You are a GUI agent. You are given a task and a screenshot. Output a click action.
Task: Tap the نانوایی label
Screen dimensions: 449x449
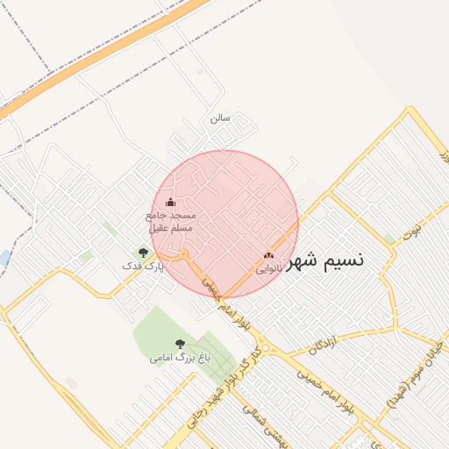click(x=268, y=269)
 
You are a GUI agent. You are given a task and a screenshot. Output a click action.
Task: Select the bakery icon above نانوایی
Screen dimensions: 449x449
click(x=268, y=256)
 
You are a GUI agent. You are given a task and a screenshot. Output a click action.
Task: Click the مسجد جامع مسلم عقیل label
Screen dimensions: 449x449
click(x=172, y=221)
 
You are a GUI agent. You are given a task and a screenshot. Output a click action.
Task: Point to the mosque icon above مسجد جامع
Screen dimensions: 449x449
click(x=171, y=203)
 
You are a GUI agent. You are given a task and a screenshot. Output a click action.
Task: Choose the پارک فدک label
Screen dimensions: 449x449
click(x=143, y=264)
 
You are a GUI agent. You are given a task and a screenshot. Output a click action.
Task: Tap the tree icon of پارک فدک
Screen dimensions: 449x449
click(x=143, y=253)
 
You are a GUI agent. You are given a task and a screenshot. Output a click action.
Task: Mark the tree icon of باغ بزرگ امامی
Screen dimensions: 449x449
click(x=180, y=345)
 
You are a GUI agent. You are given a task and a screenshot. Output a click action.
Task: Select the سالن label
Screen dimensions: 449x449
click(x=219, y=117)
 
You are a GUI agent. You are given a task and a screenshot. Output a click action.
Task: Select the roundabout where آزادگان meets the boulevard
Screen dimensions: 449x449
click(x=276, y=356)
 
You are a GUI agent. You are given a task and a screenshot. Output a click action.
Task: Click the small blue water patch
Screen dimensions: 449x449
click(x=4, y=259)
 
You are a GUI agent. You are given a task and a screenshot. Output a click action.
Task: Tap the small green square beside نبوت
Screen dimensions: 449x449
click(x=388, y=239)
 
